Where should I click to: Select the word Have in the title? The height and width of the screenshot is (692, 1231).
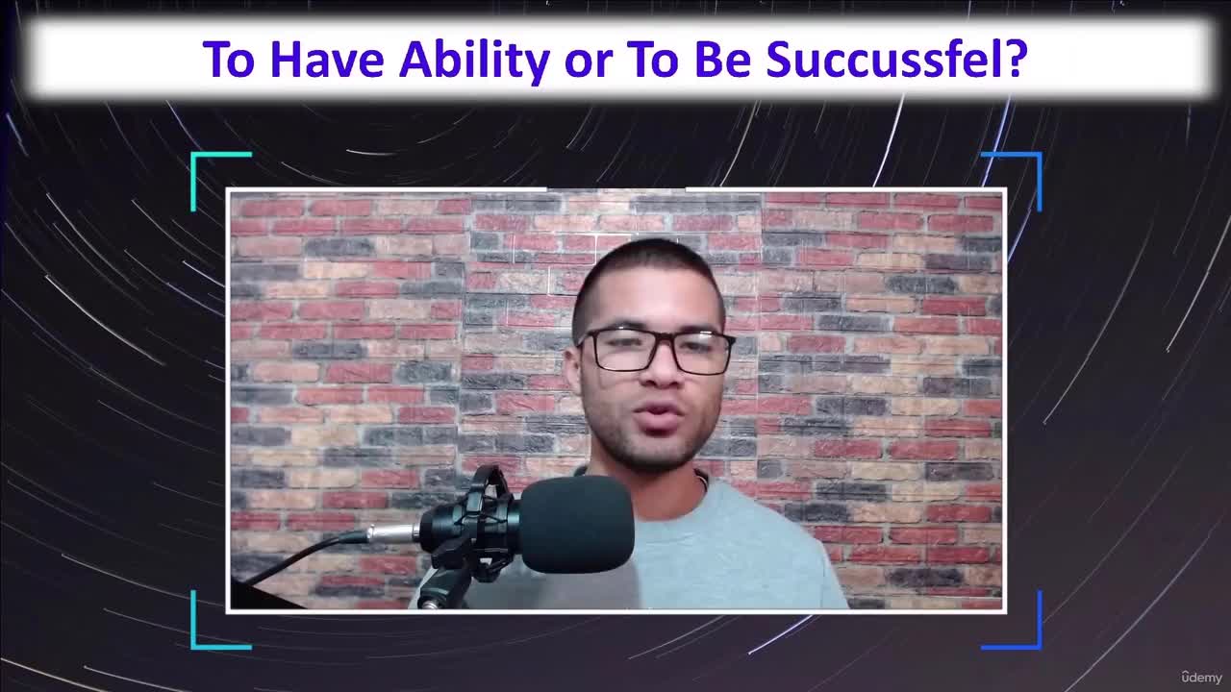(x=327, y=60)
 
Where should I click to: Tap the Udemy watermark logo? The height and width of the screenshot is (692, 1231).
(x=1201, y=677)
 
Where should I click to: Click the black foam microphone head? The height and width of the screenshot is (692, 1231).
(x=576, y=523)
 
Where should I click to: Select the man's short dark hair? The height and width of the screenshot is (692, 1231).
(x=650, y=274)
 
